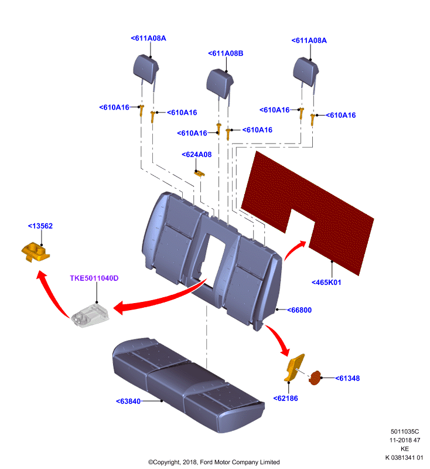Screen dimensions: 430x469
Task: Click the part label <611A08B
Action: pos(226,53)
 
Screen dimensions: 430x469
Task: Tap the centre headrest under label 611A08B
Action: pos(220,83)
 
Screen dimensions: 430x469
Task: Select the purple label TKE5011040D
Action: pos(94,278)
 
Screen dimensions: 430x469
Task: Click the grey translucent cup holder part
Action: pos(90,315)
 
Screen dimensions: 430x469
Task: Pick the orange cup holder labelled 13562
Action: pos(35,253)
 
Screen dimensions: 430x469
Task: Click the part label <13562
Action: pos(40,226)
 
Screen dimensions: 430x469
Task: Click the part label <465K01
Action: pos(326,283)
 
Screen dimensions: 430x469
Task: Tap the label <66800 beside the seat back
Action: pos(299,310)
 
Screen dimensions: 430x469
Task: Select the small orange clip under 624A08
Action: pos(199,173)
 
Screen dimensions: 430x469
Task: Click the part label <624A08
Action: pos(197,155)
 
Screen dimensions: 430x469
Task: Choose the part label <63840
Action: pos(128,402)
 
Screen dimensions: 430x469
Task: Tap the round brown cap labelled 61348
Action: pos(315,378)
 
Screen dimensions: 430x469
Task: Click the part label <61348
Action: pos(347,378)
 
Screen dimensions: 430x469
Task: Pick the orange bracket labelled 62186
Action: pos(294,368)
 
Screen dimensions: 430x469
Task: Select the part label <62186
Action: pos(286,399)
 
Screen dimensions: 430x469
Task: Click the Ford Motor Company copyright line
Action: pos(214,462)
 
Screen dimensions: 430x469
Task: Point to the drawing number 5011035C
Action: pos(405,431)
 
